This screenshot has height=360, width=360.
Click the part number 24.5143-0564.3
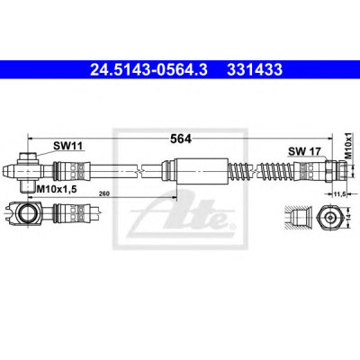point(148,69)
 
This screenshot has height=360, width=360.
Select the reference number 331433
point(255,69)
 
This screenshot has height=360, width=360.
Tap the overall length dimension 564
point(181,139)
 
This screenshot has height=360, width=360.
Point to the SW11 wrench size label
point(67,146)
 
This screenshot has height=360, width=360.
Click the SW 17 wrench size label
point(304,151)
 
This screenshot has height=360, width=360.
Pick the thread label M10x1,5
point(56,189)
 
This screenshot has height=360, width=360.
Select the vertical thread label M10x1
point(348,146)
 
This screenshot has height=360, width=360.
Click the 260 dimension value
point(104,193)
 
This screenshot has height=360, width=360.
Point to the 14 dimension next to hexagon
point(349,217)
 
